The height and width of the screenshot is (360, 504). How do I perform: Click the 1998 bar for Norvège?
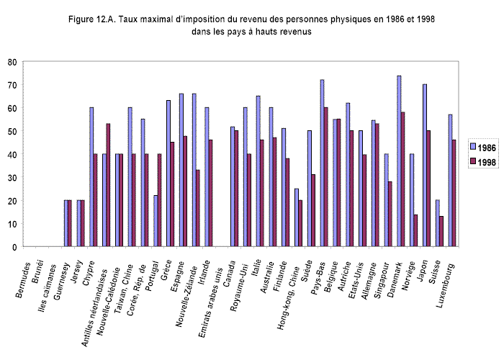coord(416,230)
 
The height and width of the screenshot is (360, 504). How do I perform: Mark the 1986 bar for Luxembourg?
coord(450,181)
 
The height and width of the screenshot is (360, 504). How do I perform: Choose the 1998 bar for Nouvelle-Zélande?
coord(198,208)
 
